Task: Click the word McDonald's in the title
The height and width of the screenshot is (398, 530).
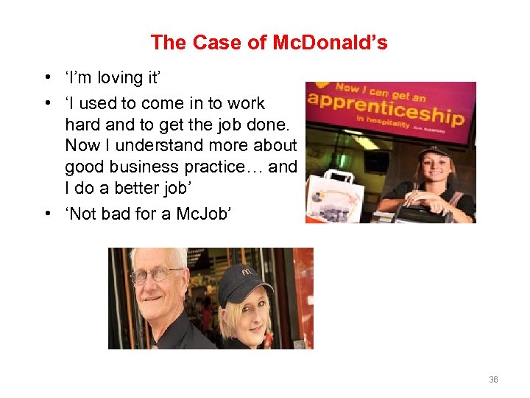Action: coord(330,43)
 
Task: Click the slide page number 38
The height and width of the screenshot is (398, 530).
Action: coord(493,380)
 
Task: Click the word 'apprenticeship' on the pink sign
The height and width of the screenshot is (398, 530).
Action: coord(386,108)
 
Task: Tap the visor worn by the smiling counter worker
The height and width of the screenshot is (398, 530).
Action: coord(434,152)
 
